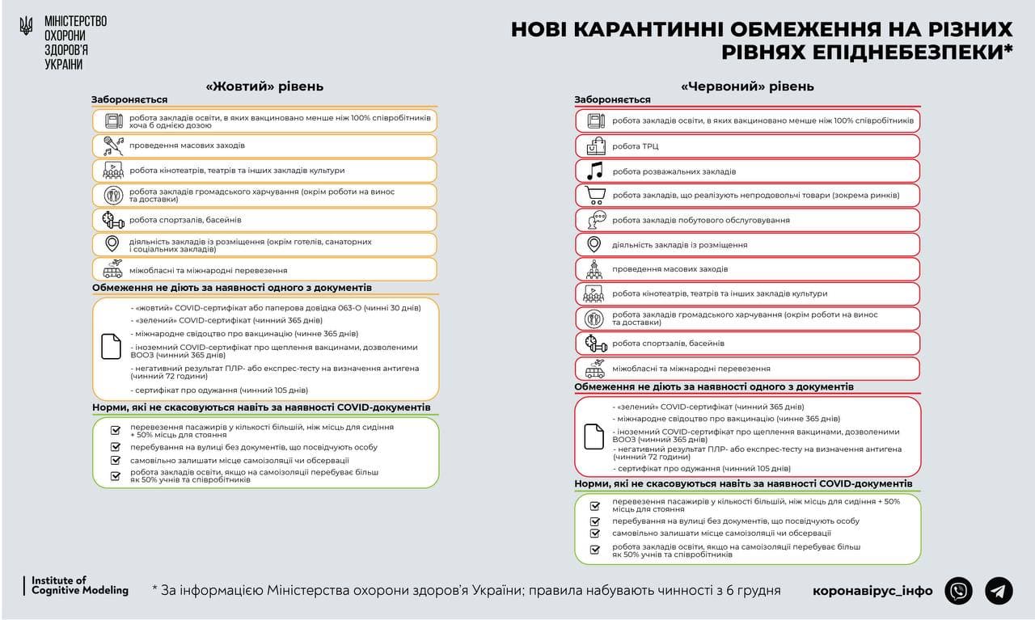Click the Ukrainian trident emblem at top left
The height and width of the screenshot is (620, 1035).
click(26, 26)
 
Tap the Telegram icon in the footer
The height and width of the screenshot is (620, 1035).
click(999, 591)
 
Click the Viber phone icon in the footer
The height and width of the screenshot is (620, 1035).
click(960, 591)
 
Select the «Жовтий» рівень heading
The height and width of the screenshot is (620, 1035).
click(264, 86)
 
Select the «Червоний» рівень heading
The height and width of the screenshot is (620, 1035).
click(747, 86)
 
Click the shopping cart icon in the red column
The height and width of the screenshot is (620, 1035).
click(595, 195)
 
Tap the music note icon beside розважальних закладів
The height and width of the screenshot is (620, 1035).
click(595, 171)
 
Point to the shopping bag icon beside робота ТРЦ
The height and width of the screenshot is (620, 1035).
click(595, 146)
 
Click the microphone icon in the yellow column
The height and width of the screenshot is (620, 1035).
click(112, 146)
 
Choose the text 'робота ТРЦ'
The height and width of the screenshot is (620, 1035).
click(636, 146)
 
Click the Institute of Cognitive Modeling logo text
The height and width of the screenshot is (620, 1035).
click(79, 586)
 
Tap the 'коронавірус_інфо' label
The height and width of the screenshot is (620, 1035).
click(872, 591)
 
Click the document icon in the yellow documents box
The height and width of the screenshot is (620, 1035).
click(111, 346)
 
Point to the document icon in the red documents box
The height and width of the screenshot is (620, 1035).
click(594, 437)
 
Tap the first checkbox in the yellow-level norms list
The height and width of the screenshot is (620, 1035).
click(116, 430)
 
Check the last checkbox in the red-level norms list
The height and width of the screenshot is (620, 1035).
click(595, 550)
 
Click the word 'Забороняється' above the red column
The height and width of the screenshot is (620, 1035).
click(612, 99)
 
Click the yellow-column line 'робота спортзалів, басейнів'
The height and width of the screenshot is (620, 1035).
click(185, 220)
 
